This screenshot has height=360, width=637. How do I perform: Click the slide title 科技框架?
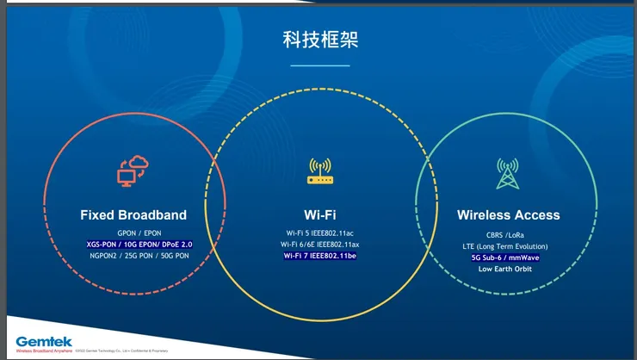tap(320, 39)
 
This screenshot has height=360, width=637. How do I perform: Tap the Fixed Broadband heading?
tap(133, 214)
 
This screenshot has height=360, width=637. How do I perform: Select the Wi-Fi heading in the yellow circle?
tap(319, 214)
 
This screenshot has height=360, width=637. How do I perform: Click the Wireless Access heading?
tap(508, 214)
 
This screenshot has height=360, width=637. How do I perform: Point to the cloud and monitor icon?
tap(133, 172)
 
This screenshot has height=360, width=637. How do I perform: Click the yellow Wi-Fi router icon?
tap(319, 172)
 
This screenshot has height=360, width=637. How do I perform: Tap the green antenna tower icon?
tap(508, 173)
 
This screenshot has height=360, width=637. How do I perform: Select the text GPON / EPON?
tap(139, 233)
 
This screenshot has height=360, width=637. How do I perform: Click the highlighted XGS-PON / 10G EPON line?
tap(139, 245)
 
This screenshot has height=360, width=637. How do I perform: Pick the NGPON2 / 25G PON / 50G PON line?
tap(139, 256)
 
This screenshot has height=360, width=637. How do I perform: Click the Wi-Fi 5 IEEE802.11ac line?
tap(319, 233)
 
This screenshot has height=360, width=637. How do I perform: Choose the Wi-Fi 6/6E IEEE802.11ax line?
tap(319, 245)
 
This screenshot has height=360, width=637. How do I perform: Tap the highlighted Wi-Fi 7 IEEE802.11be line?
tap(319, 256)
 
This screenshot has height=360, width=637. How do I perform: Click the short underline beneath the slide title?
tap(320, 65)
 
